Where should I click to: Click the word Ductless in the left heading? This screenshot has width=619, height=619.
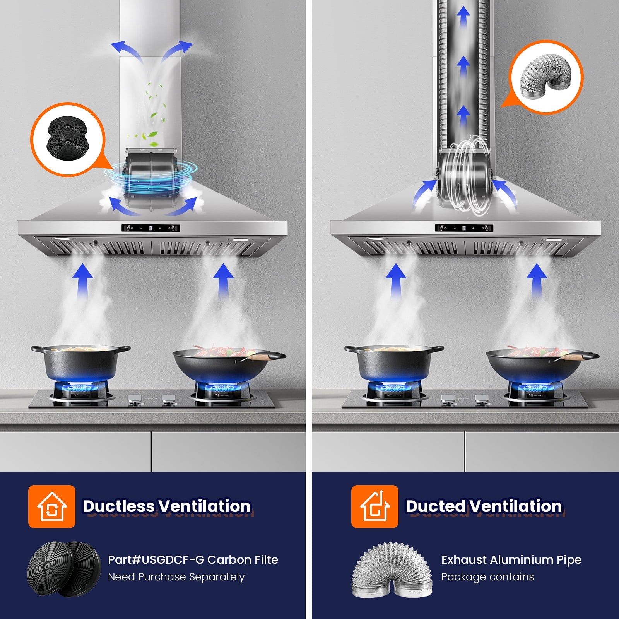[119, 506]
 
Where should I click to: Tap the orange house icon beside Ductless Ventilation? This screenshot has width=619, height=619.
[52, 506]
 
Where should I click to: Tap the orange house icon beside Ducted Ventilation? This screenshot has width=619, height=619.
[374, 506]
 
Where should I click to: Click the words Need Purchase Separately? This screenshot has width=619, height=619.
[176, 577]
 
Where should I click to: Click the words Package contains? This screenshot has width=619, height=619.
[487, 577]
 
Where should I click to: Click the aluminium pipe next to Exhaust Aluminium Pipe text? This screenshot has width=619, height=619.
[392, 569]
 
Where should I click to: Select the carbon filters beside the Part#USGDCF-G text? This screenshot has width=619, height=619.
[64, 569]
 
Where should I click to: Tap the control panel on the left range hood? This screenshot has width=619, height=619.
[150, 228]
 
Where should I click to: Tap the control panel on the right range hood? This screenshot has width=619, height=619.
[464, 228]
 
